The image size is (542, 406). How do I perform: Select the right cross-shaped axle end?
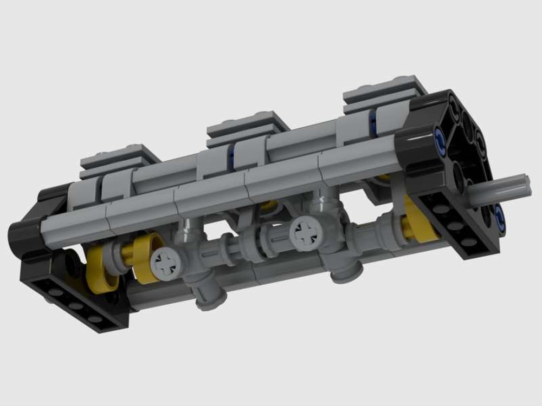coord(304,233)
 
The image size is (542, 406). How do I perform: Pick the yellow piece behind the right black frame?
coord(420,219)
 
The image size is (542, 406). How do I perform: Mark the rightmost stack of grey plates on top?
coord(386,93)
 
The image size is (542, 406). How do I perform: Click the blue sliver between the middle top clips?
coord(232,158)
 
